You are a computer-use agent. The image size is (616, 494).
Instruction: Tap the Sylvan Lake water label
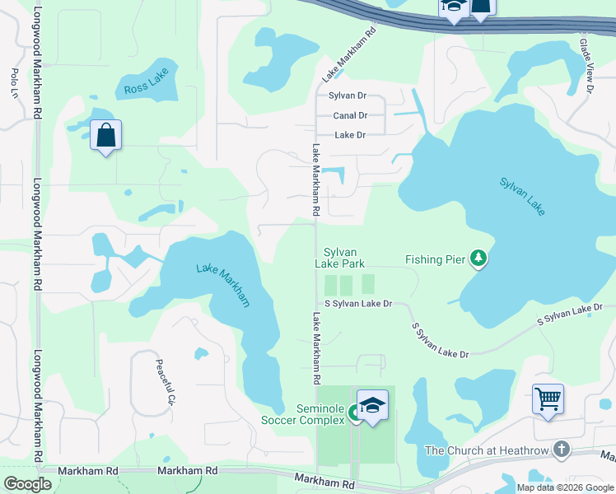click(521, 196)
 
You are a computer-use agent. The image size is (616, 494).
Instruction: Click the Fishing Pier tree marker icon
click(478, 259)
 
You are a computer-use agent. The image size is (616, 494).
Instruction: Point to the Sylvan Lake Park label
click(340, 258)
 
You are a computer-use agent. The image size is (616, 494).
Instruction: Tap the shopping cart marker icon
click(548, 399)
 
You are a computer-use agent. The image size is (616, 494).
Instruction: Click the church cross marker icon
click(562, 450)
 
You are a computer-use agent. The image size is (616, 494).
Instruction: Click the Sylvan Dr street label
click(347, 96)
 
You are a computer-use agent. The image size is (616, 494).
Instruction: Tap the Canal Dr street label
click(350, 115)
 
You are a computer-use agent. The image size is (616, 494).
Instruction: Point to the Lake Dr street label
click(349, 134)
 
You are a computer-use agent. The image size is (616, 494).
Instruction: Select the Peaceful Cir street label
click(166, 381)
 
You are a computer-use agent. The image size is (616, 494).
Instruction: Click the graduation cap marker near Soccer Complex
click(372, 404)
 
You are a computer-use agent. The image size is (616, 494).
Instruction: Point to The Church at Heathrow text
click(484, 450)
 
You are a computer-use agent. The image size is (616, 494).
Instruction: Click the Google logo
click(27, 484)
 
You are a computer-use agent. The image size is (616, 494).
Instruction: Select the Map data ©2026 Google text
click(564, 487)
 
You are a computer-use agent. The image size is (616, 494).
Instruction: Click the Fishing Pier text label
click(435, 260)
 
